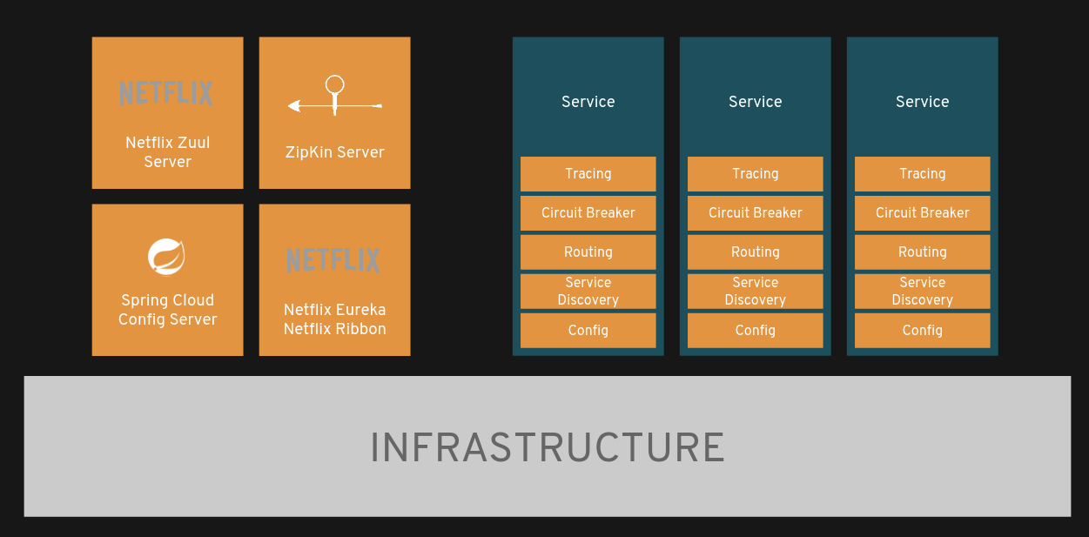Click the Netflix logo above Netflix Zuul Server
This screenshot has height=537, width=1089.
(x=166, y=93)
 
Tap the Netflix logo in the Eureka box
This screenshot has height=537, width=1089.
(x=333, y=260)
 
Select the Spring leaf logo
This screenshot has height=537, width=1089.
(x=166, y=256)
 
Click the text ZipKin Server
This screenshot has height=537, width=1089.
(x=334, y=152)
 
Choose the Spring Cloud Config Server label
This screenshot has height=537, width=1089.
(x=167, y=310)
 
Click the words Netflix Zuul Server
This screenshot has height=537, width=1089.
(x=167, y=152)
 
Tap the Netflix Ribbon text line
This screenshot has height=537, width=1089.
(x=334, y=329)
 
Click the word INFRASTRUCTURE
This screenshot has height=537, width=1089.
(x=547, y=448)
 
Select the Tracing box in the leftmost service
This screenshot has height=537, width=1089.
(x=588, y=174)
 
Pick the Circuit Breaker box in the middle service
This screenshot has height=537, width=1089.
(x=755, y=213)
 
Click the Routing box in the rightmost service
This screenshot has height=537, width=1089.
(x=922, y=252)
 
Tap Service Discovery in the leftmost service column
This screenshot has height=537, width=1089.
(x=588, y=292)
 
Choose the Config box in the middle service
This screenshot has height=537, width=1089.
(x=755, y=331)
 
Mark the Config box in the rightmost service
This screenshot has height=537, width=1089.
(x=922, y=331)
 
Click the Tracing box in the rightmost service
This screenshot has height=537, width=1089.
(x=922, y=174)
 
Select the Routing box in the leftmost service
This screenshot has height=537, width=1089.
(x=588, y=252)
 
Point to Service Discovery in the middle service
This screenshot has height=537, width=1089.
(x=755, y=292)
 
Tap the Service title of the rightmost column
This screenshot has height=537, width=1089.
(x=922, y=102)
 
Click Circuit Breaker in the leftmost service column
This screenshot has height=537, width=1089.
(x=588, y=213)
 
